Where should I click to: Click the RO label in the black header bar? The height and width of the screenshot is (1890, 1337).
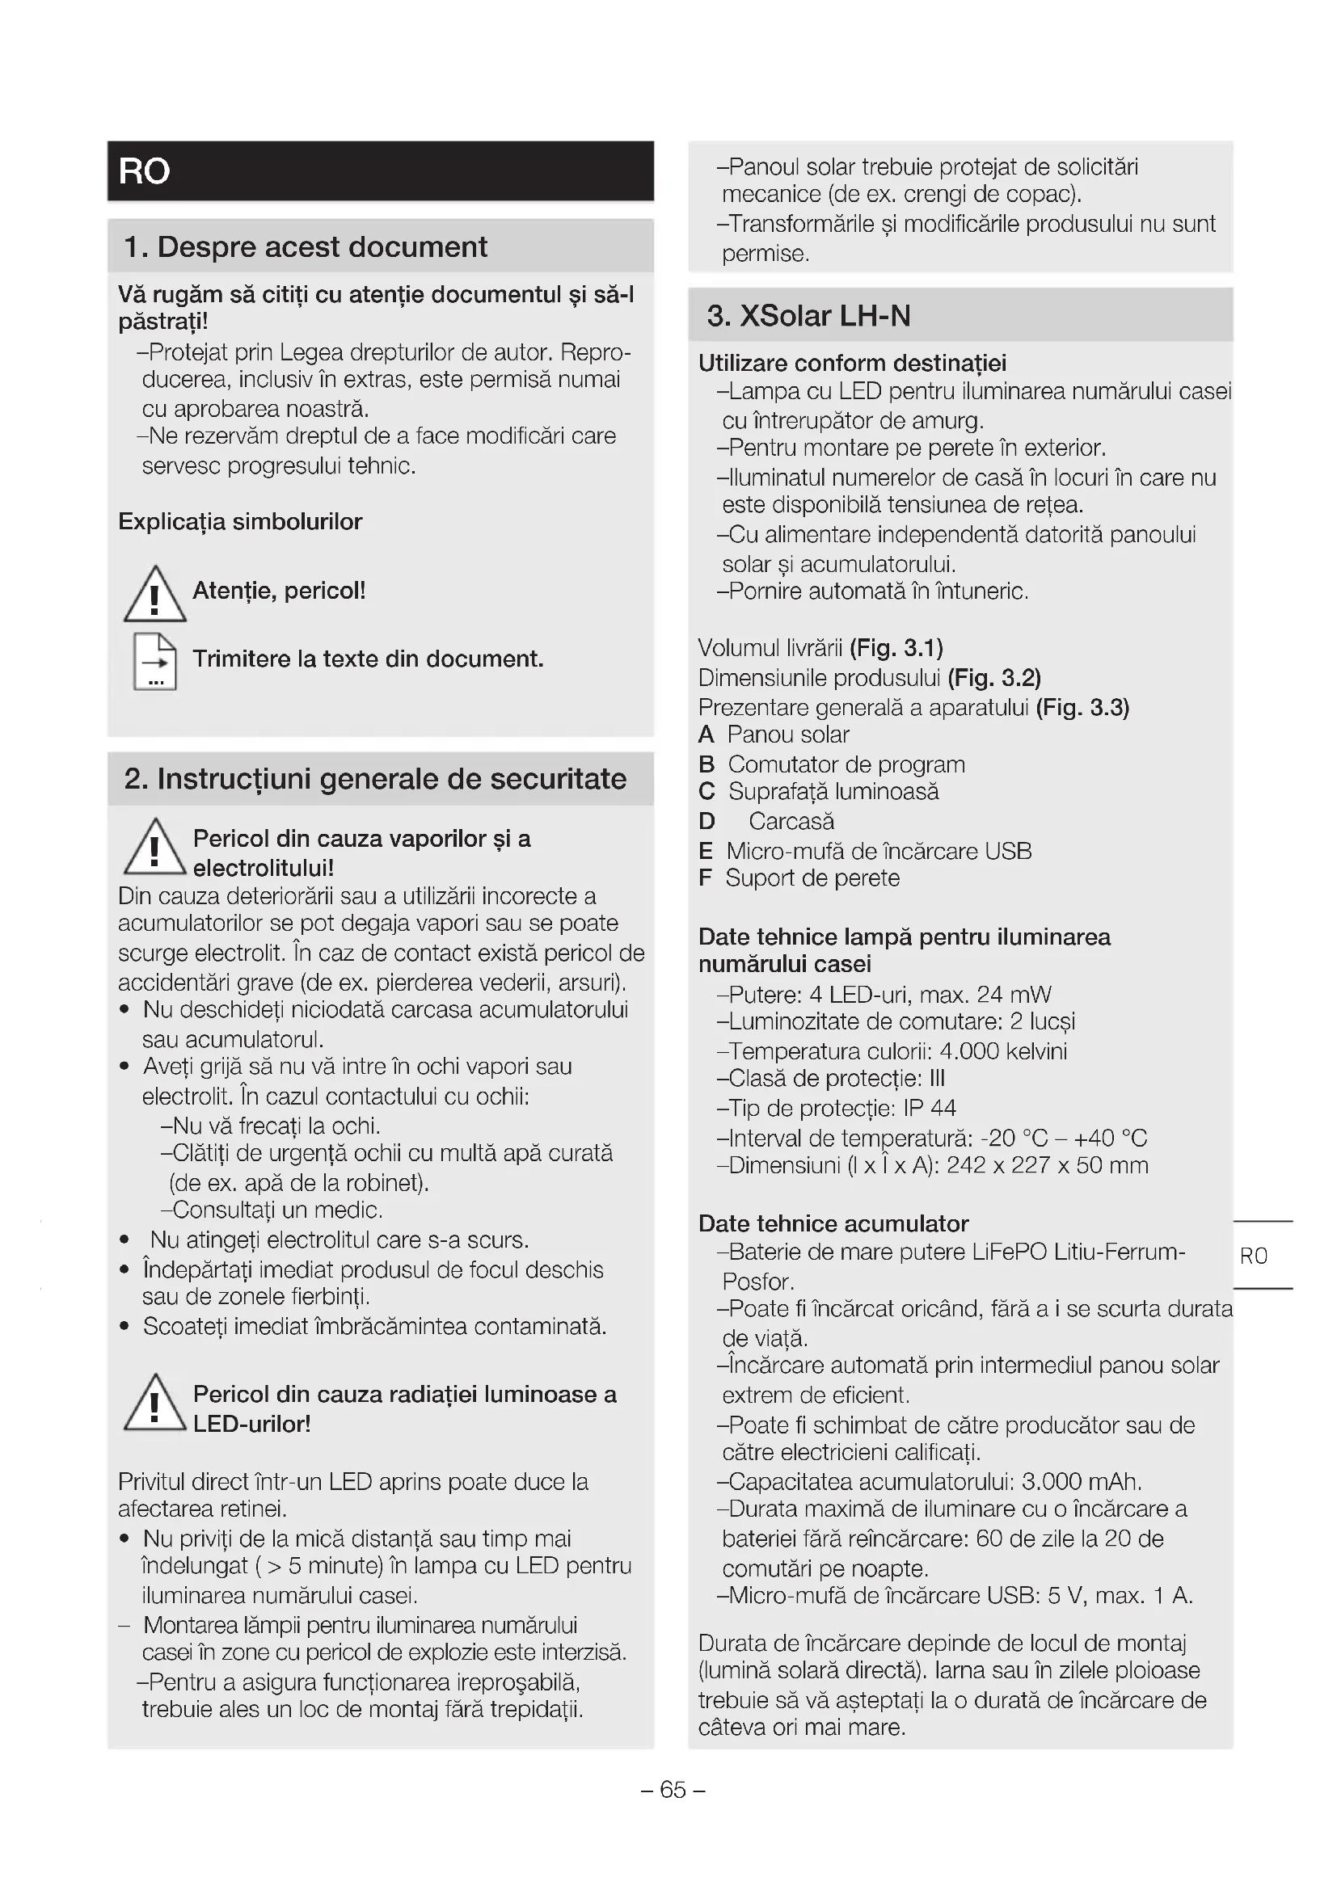(x=144, y=171)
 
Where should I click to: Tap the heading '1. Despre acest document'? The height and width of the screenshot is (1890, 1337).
(x=306, y=247)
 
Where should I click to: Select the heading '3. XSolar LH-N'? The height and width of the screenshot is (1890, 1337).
(x=808, y=316)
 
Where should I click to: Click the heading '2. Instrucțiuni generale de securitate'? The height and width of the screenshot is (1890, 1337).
(x=375, y=779)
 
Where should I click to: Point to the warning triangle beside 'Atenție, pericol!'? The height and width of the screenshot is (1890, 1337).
(x=154, y=596)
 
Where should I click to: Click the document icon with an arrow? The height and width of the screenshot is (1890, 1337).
(x=154, y=662)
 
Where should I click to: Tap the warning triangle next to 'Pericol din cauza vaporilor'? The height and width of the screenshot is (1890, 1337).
(x=154, y=848)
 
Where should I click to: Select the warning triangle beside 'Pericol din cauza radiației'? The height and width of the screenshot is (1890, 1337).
(x=154, y=1404)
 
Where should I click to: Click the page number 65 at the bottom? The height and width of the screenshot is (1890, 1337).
(x=673, y=1790)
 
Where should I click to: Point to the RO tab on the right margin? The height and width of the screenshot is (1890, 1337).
(x=1253, y=1256)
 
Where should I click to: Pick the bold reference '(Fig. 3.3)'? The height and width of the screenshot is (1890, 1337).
(x=1082, y=708)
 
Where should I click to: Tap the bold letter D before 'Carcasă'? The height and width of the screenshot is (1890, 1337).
(x=706, y=822)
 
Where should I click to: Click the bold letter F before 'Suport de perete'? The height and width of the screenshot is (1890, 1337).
(x=705, y=878)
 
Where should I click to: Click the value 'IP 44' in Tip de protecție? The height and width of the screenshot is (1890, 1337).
(x=930, y=1109)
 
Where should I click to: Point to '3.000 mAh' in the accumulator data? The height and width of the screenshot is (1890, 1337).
(x=1080, y=1483)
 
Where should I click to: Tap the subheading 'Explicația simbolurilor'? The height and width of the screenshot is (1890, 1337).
(x=240, y=522)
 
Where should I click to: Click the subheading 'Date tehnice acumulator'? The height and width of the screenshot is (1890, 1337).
(x=833, y=1224)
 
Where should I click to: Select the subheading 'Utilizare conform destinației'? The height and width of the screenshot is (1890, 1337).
(x=852, y=364)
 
